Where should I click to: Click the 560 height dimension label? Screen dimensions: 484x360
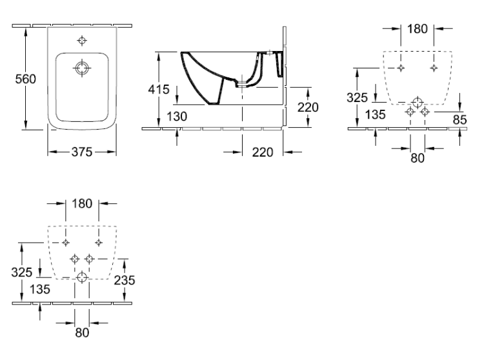coord(26,79)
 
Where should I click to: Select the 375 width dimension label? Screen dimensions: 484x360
coord(82,152)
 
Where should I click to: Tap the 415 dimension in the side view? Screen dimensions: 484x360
coord(159,90)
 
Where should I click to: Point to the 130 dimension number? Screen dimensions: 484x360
coord(177,116)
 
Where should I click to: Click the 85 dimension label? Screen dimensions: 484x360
coord(459,120)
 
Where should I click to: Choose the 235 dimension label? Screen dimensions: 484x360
coord(125,280)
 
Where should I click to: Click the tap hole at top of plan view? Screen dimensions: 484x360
coord(82,41)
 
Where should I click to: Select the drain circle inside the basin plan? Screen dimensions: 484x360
coord(82,68)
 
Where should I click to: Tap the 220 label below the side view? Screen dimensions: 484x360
coord(263,152)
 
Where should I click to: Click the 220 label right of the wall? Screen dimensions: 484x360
coord(308,107)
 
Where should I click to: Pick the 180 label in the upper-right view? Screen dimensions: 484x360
coord(418,28)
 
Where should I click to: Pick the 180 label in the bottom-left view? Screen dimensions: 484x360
coord(82,204)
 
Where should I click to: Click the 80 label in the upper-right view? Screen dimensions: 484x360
coord(418,158)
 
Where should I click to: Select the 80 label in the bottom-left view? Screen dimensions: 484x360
coord(82,332)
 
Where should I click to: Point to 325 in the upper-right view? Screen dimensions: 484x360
coord(357,97)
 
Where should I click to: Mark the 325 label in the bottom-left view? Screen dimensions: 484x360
coord(21,272)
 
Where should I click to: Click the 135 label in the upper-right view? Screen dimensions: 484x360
coord(376,114)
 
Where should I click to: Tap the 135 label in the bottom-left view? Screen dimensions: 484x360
coord(40,289)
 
